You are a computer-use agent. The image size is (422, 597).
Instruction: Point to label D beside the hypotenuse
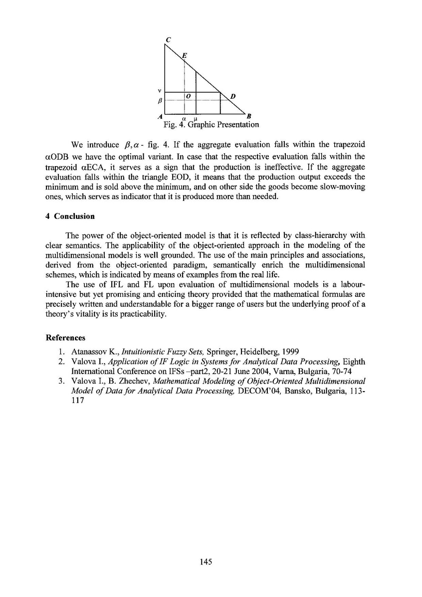coord(233,95)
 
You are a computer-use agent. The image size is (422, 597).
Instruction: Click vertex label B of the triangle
coord(249,116)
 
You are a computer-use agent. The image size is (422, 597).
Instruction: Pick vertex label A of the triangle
coord(159,116)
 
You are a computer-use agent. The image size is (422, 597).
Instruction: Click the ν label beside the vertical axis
coord(159,91)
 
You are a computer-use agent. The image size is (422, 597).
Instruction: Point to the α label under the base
coord(184,118)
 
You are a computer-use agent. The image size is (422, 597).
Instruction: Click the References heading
coord(65,338)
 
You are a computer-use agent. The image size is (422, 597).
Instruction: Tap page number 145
coord(206,562)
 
